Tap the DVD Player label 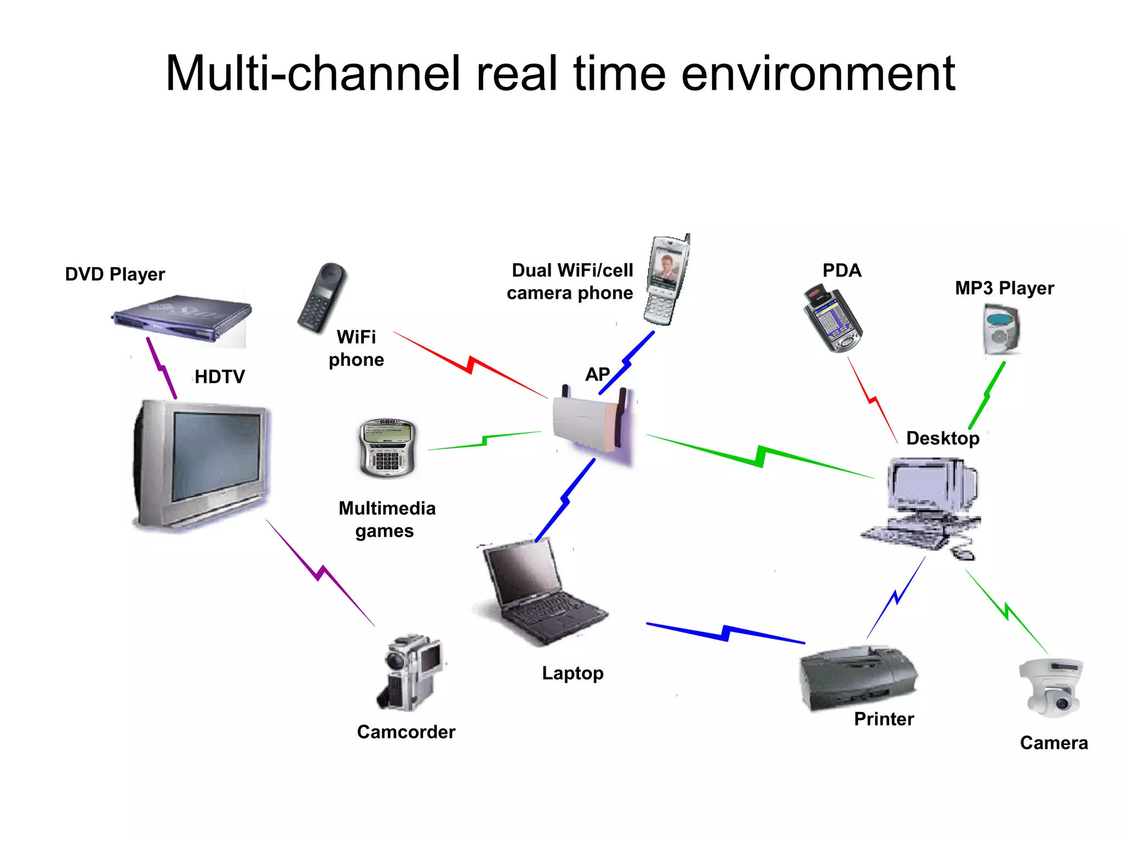pos(115,274)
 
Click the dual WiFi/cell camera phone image pos(666,280)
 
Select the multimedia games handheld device pos(387,448)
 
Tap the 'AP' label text pos(597,375)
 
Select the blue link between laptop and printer pos(726,632)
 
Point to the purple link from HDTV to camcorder pos(320,572)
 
